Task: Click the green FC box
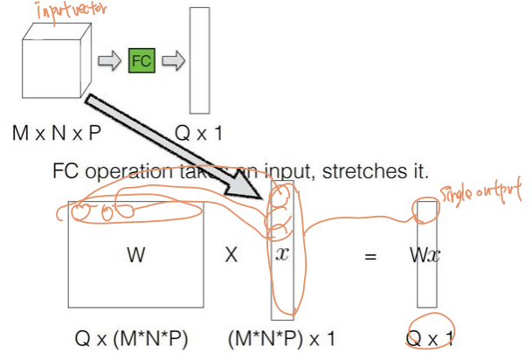142,61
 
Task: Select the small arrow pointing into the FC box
109,61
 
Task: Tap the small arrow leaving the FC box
175,61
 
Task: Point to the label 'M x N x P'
58,134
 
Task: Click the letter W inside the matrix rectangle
135,255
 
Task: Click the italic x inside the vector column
281,254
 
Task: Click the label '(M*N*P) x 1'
281,336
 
